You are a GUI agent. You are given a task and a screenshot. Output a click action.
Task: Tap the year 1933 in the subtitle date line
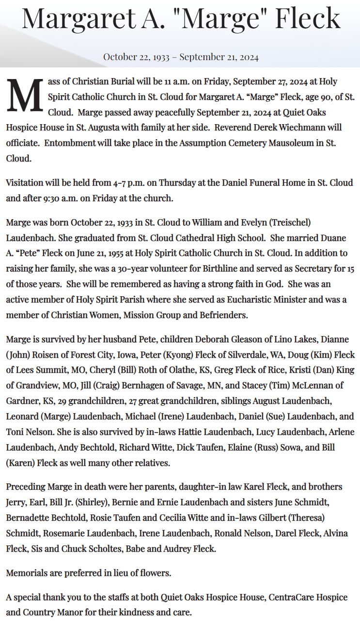click(161, 57)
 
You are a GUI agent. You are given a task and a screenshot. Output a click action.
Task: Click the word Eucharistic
click(256, 300)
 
